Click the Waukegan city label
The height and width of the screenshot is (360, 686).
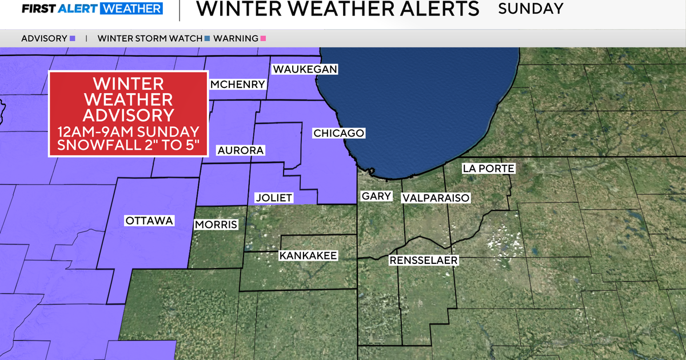tap(305, 69)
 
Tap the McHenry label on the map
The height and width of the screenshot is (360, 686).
tap(238, 85)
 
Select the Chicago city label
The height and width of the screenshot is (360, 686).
tap(338, 133)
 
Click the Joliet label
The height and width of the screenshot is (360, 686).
tap(274, 198)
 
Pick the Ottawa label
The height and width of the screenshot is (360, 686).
tap(149, 221)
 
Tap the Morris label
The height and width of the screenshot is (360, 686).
tap(216, 225)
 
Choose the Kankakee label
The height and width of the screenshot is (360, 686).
tap(308, 255)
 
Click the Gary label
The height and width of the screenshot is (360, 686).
tap(376, 196)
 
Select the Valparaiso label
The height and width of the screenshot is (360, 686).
tap(436, 198)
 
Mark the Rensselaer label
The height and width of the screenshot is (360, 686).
tap(424, 261)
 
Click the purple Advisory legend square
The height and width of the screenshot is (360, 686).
tap(73, 39)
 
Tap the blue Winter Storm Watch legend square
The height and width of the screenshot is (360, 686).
tap(207, 39)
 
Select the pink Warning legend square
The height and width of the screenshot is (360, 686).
tap(264, 39)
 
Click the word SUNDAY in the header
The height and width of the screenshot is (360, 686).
tap(531, 9)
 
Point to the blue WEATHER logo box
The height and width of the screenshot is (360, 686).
tap(131, 9)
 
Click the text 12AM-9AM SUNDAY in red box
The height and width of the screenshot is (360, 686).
tap(128, 131)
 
